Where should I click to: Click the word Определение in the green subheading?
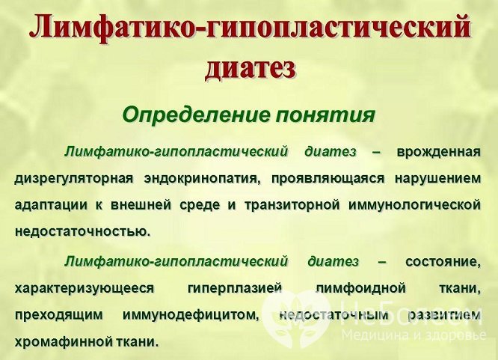[x=184, y=116]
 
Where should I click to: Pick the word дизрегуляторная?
[x=73, y=179]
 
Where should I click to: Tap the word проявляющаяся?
[x=324, y=179]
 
